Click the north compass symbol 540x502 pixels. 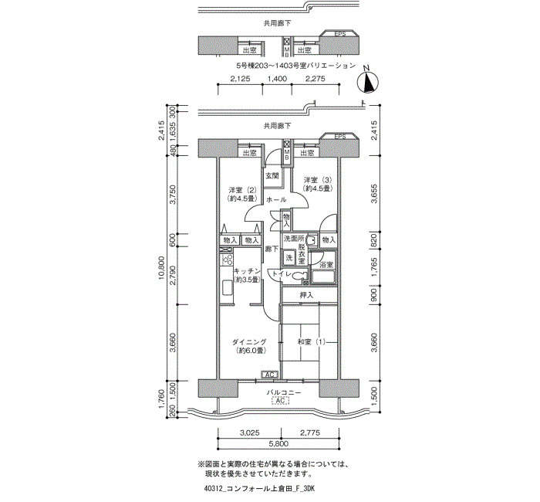pyautogui.click(x=368, y=82)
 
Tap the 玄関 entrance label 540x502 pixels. pyautogui.click(x=272, y=175)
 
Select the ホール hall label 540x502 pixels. pyautogui.click(x=276, y=199)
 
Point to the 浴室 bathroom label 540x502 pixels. pyautogui.click(x=326, y=265)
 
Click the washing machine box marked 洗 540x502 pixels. pyautogui.click(x=289, y=257)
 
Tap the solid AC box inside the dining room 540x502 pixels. pyautogui.click(x=270, y=375)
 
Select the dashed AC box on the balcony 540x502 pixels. pyautogui.click(x=280, y=401)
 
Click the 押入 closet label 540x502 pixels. pyautogui.click(x=306, y=295)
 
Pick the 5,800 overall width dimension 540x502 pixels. pyautogui.click(x=278, y=444)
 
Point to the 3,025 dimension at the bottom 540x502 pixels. pyautogui.click(x=249, y=432)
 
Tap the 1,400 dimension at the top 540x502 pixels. pyautogui.click(x=277, y=79)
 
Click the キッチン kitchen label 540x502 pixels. pyautogui.click(x=248, y=270)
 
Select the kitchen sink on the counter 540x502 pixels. pyautogui.click(x=227, y=287)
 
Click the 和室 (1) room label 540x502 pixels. pyautogui.click(x=312, y=342)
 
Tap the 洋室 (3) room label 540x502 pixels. pyautogui.click(x=318, y=180)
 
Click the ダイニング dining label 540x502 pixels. pyautogui.click(x=249, y=342)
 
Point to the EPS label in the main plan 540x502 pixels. pyautogui.click(x=340, y=137)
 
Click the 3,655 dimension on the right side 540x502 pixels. pyautogui.click(x=375, y=193)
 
